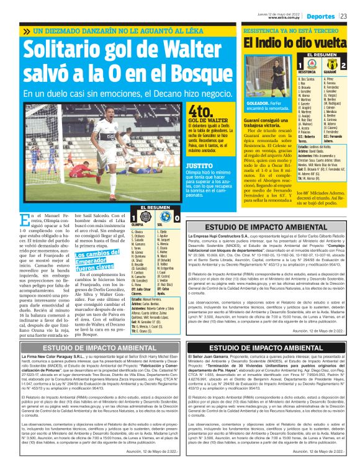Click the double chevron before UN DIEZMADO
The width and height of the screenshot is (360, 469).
pyautogui.click(x=27, y=31)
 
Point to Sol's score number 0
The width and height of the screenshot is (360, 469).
pyautogui.click(x=177, y=218)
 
